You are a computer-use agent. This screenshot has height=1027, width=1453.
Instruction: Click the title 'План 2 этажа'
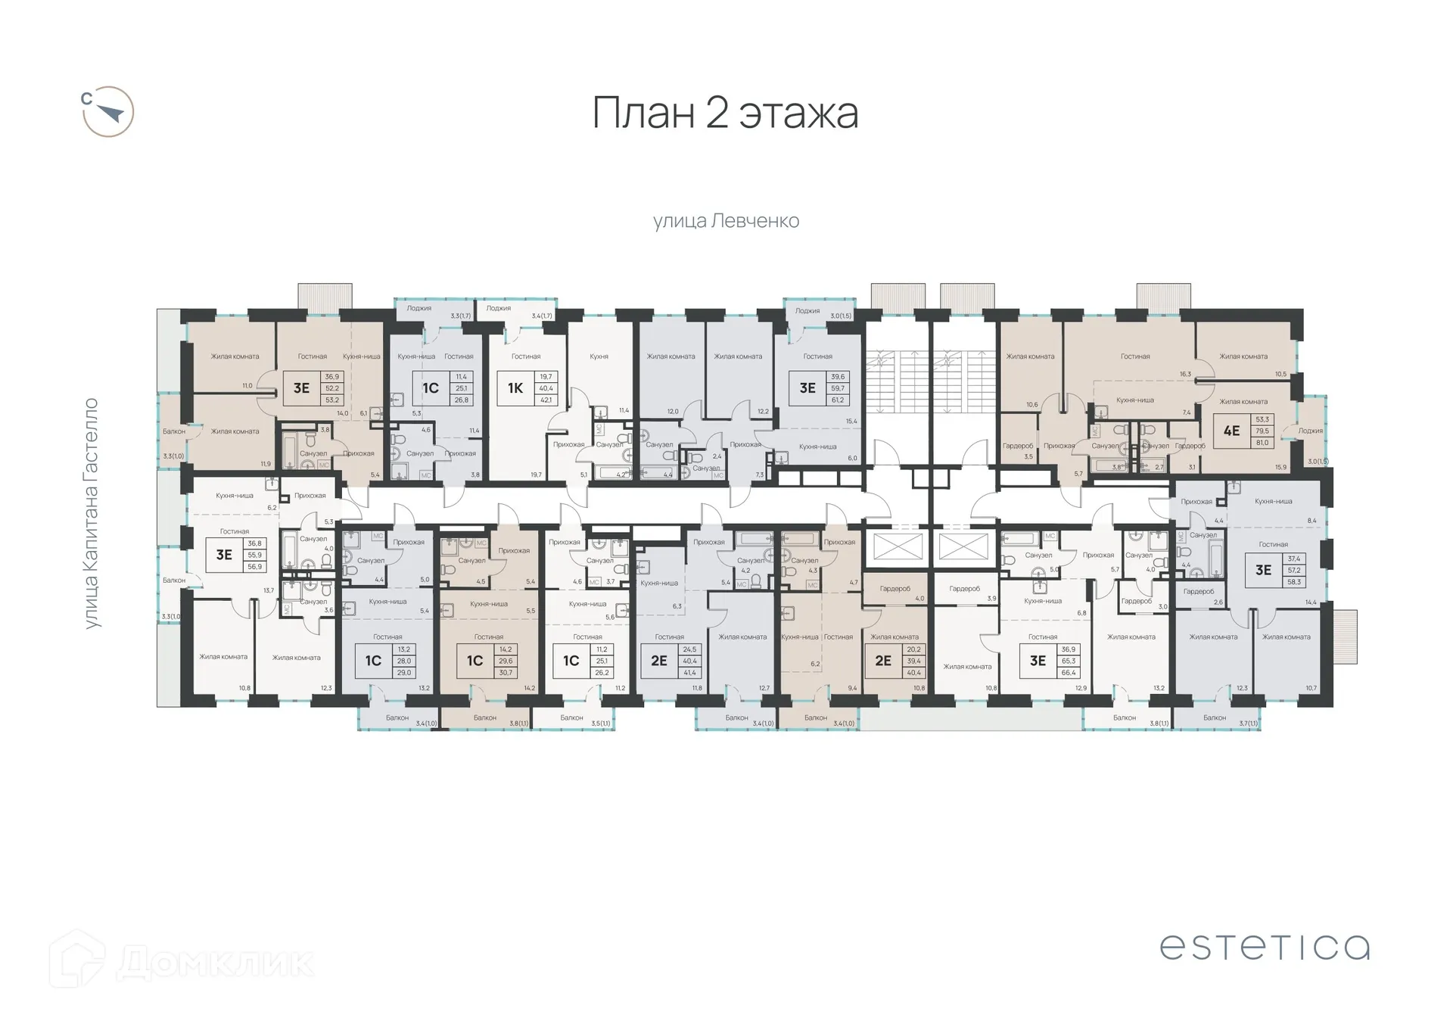tap(724, 114)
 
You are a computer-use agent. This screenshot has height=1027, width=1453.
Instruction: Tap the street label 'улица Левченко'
tap(726, 221)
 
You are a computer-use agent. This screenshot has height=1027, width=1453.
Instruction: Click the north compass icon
tap(108, 112)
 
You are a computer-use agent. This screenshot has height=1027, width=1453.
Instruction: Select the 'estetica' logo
tap(1264, 947)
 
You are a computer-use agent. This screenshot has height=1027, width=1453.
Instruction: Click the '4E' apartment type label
tap(1231, 431)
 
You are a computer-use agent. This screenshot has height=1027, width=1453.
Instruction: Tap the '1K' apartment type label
tap(515, 388)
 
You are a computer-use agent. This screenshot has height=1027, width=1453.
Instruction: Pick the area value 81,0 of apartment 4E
tap(1262, 443)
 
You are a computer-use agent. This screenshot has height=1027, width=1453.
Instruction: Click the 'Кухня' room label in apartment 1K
tap(599, 356)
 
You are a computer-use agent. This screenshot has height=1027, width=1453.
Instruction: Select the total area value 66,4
tap(1068, 672)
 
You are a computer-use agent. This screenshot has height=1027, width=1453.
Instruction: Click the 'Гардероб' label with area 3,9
tap(964, 588)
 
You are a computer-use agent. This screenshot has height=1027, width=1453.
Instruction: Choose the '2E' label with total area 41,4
tap(658, 661)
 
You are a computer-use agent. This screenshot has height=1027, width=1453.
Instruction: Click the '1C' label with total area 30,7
tap(474, 661)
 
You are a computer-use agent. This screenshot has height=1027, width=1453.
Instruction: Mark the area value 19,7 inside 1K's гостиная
tap(536, 475)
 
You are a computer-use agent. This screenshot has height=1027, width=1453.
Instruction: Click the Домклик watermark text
tap(216, 963)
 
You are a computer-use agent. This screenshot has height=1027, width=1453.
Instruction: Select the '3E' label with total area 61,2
tap(807, 388)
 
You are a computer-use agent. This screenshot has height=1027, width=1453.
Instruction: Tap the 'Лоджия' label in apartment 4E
tap(1310, 431)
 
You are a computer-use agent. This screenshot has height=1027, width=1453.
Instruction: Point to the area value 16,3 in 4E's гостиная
tap(1185, 374)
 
